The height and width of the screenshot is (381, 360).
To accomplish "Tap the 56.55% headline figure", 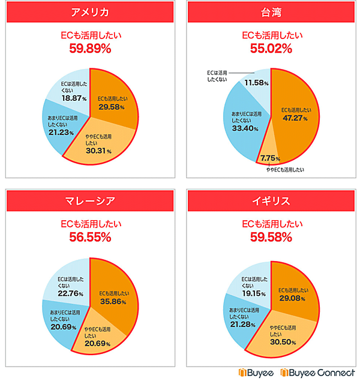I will (89, 236).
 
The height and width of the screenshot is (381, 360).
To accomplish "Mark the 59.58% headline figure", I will (271, 236).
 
